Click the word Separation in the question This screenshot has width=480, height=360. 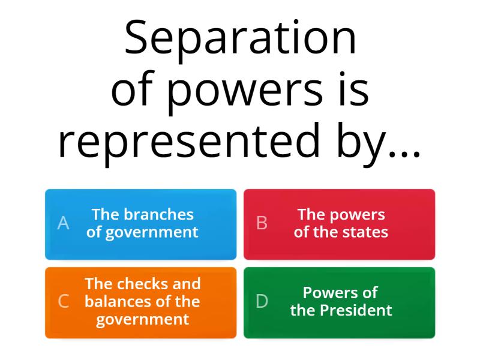240,39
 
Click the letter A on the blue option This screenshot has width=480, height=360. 63,224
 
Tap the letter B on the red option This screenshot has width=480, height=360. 262,224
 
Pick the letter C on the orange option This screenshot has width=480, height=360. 63,302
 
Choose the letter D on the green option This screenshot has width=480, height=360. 262,302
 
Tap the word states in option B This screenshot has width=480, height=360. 365,233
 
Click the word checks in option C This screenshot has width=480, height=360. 143,284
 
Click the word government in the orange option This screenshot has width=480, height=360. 142,320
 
